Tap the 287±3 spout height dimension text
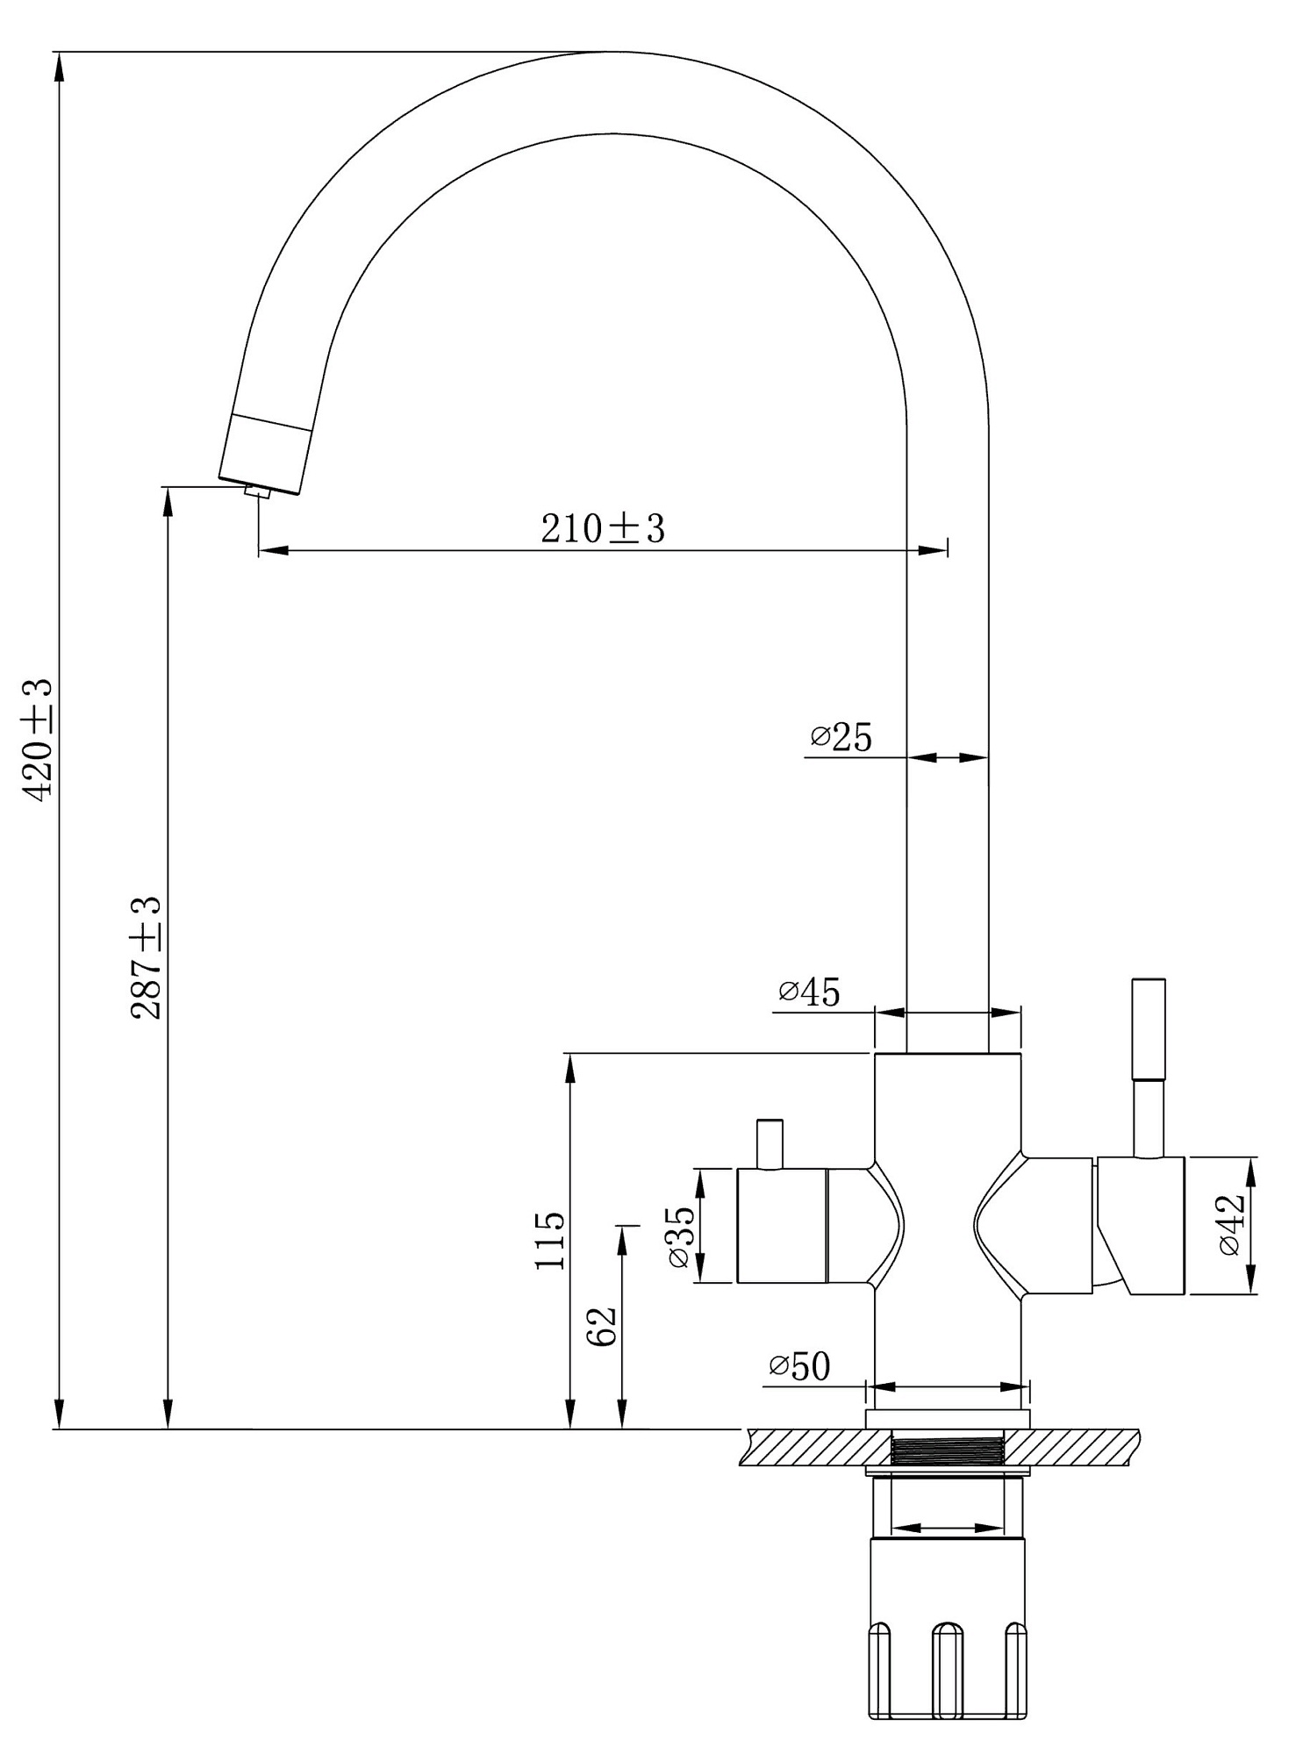pyautogui.click(x=147, y=957)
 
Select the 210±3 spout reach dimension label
pyautogui.click(x=603, y=529)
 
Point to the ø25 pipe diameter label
pyautogui.click(x=841, y=738)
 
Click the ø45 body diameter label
pyautogui.click(x=809, y=992)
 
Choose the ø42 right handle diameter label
pyautogui.click(x=1231, y=1225)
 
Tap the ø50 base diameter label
pyautogui.click(x=799, y=1366)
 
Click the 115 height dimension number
pyautogui.click(x=550, y=1240)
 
